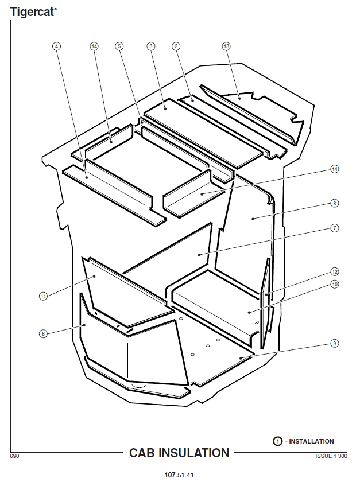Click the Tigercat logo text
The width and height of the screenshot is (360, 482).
(x=33, y=12)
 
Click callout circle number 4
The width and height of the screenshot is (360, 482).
(x=57, y=46)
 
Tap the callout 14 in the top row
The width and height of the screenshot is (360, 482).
(x=94, y=46)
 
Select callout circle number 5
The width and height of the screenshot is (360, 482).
(x=119, y=46)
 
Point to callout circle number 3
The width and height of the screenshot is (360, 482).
(x=151, y=46)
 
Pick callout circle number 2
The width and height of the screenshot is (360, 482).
(x=176, y=46)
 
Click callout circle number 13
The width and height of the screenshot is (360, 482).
(x=226, y=46)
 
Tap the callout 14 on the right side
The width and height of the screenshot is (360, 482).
(x=335, y=169)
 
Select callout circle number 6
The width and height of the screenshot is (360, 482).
(x=335, y=203)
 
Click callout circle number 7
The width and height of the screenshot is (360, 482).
(x=335, y=228)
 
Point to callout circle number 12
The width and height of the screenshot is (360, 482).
(x=335, y=272)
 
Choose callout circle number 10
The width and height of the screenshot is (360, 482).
(x=335, y=285)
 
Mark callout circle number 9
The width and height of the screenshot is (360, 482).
(x=335, y=343)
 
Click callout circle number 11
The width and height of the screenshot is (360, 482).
(x=44, y=296)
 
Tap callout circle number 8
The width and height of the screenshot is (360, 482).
(x=44, y=333)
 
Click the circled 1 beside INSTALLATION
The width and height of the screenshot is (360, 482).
(x=277, y=441)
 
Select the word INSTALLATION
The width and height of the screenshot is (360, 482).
(x=311, y=441)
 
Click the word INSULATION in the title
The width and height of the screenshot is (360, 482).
(x=193, y=453)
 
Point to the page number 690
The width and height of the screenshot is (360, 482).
(x=14, y=456)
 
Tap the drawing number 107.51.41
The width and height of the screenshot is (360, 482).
(x=179, y=475)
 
